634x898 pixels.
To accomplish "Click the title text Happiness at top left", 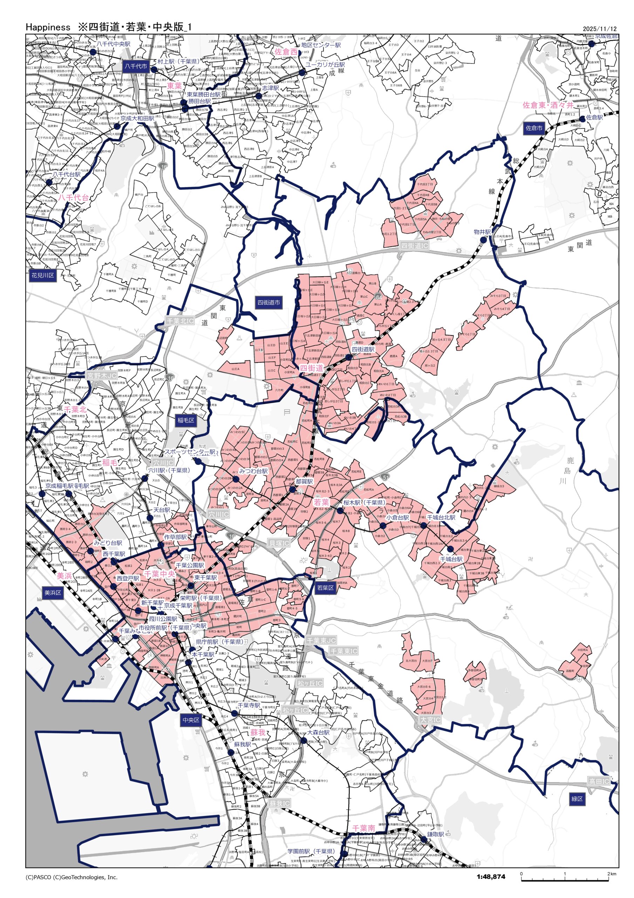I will pos(48,27).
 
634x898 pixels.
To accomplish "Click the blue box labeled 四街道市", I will pos(268,302).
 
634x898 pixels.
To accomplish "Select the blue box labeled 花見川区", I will pos(43,275).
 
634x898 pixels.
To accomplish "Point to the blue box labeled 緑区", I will pos(577,799).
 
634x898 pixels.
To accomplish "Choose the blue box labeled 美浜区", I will pos(53,592).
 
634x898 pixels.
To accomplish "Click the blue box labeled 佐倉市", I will pos(534,128).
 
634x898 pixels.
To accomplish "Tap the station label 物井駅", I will pos(482,232).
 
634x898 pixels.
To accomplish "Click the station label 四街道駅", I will pos(363,349).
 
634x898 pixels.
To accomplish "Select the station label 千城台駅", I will pos(451,559).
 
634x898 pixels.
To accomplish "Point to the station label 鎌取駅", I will pos(435,834).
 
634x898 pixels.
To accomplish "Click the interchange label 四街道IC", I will pos(414,246).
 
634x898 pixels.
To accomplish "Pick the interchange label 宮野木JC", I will pos(102,375).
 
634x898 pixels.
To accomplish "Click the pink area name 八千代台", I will pos(74,198).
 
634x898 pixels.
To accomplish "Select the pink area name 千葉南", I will pos(363,828).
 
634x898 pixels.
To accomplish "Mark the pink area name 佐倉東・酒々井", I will pos(548,105).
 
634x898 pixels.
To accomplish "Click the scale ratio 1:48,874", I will pos(491,877).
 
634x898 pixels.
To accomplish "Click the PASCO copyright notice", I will pos(71,877).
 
